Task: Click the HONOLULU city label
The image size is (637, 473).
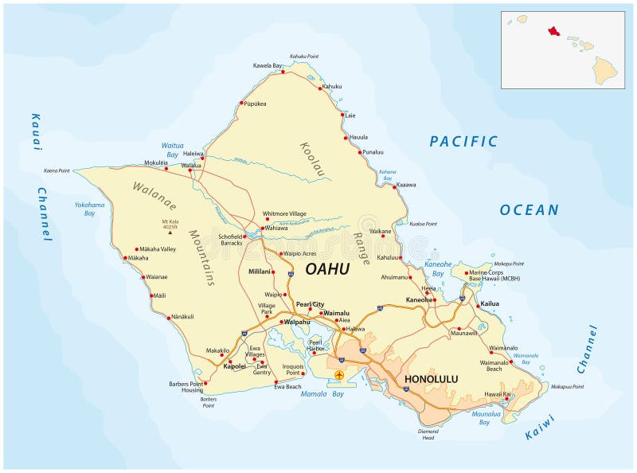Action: (431, 379)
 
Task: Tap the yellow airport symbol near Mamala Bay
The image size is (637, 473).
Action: (340, 374)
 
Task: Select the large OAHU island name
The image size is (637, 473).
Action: (327, 269)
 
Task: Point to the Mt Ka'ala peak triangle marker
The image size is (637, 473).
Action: (169, 233)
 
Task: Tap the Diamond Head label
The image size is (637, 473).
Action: (428, 434)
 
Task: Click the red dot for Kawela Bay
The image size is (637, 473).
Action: (283, 72)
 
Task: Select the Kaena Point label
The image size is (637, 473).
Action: (57, 170)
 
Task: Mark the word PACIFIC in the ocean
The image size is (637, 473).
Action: (463, 142)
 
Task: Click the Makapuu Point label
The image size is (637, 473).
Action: (567, 387)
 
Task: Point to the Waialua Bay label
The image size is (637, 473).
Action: (173, 150)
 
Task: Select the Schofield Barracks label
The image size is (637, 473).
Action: (230, 240)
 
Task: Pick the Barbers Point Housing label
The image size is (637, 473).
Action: (186, 388)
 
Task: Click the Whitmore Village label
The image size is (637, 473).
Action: (284, 213)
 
